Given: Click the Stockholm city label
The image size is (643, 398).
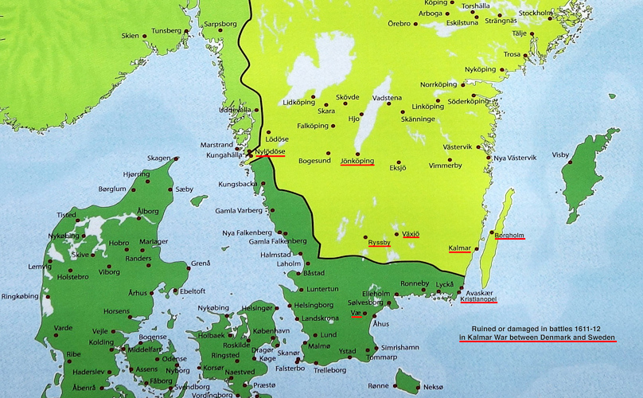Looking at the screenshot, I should [x=536, y=14].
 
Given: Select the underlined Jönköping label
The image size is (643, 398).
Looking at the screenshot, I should [x=357, y=161].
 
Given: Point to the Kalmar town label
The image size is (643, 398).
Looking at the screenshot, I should [x=460, y=248].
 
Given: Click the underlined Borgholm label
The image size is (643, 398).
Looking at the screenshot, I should [x=509, y=235].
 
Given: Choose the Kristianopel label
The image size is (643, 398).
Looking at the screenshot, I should [x=478, y=299].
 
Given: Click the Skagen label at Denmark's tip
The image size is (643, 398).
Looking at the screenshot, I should [x=158, y=158].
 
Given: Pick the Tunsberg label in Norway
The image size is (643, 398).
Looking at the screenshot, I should [x=167, y=31].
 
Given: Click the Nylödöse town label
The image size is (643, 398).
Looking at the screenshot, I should [x=270, y=151].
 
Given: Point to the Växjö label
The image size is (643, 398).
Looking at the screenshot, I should [x=410, y=234].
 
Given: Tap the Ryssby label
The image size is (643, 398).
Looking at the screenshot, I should [x=379, y=241].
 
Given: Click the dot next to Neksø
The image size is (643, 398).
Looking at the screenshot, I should [x=418, y=387].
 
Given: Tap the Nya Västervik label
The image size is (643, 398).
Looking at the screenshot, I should [x=515, y=158].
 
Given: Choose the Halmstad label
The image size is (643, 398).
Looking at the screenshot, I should [x=276, y=255].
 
